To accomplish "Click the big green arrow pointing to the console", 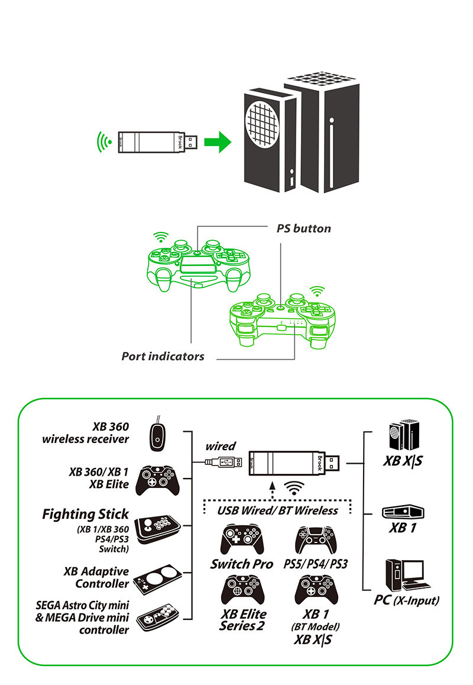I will coord(217,142).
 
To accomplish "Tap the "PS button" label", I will coord(304,228).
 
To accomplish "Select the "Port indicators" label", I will coord(163,356).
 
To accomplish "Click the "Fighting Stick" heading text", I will coord(85,514).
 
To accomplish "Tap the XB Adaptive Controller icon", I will coord(156,577).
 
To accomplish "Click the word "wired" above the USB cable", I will coord(220,446).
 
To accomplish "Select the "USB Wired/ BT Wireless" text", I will coord(277,510).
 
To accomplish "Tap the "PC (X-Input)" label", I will coord(407,600).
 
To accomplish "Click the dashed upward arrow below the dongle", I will coord(271,490).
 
